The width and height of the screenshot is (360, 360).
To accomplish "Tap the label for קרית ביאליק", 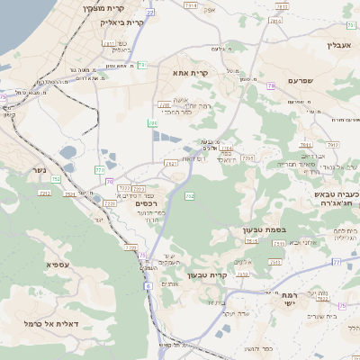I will pos(121,22).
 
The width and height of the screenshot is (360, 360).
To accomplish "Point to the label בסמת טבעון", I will pos(264,229).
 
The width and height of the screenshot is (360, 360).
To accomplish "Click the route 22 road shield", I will pos(149,13).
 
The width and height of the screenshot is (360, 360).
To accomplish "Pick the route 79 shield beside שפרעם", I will pos(271,86).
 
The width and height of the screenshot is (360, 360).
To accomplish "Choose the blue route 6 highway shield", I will pos(146,284).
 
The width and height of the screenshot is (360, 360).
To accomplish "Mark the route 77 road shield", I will pos(336,262).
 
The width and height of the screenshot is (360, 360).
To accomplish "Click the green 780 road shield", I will pos(153,123).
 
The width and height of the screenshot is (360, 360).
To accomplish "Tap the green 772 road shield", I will pos(99,169).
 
